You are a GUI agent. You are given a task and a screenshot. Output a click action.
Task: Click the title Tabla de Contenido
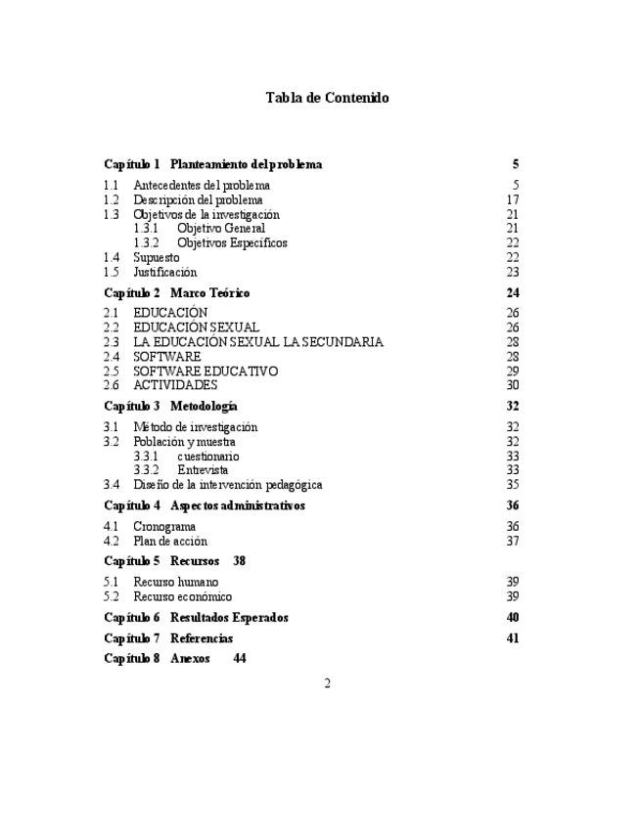pos(327,98)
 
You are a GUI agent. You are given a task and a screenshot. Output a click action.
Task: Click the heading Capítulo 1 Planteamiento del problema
pos(212,164)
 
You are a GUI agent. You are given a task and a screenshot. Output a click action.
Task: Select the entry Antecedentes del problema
pos(202,185)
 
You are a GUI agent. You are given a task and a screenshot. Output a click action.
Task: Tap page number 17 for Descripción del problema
pos(512,199)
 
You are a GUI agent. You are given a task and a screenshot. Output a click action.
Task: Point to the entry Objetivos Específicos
pos(232,242)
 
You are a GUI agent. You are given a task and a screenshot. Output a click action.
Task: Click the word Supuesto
pos(157,257)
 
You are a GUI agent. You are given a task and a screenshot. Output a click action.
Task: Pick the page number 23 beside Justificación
pos(512,272)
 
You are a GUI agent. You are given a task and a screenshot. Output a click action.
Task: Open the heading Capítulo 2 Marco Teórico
pos(176,292)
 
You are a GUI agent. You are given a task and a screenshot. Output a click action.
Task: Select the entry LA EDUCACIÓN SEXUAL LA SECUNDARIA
pos(258,342)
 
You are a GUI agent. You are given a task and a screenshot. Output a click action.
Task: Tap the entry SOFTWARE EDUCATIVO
pos(206,371)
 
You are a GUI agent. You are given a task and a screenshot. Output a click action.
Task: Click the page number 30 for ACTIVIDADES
pos(512,385)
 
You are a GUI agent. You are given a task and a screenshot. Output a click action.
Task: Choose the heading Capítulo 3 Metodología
pos(170,406)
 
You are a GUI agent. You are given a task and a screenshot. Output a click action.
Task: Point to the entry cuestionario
pos(208,456)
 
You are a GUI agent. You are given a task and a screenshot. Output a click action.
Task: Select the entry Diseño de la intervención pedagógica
pos(228,484)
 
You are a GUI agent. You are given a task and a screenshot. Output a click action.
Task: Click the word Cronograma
pos(163,526)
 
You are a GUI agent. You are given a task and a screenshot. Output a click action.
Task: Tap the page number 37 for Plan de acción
pos(512,541)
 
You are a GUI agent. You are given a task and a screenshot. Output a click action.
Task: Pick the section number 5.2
pos(112,596)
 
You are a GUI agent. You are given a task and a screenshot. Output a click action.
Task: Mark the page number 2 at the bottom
pos(327,683)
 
